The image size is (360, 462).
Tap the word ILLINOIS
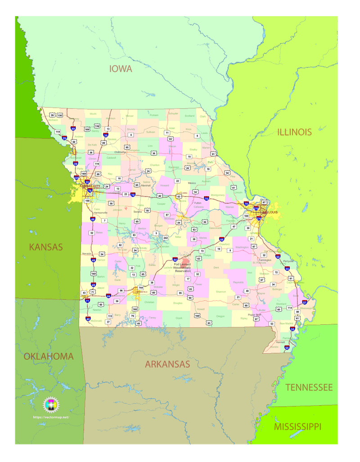[294, 132]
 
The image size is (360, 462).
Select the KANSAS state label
[46, 247]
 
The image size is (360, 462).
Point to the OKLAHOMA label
[49, 356]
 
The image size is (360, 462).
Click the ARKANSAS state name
[167, 364]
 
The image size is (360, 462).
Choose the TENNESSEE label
[309, 387]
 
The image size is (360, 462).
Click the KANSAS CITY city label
[90, 186]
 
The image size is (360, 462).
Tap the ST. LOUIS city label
[270, 211]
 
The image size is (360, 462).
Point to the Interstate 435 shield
[76, 178]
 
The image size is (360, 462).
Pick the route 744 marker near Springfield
[141, 287]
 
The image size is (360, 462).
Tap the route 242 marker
[166, 238]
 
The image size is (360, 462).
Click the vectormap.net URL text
[51, 417]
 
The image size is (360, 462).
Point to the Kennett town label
[281, 342]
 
